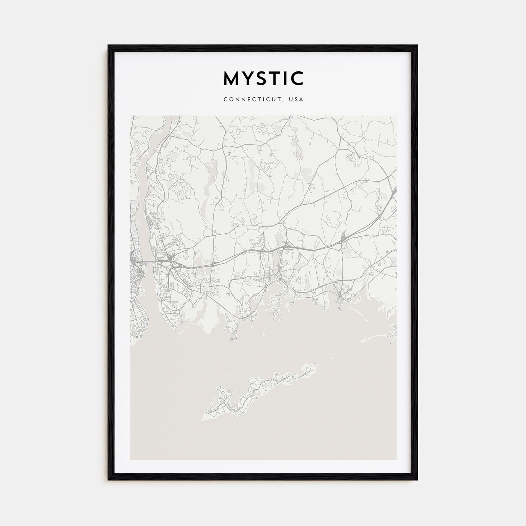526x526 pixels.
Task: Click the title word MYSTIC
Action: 263,78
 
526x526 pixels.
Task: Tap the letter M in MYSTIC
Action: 231,78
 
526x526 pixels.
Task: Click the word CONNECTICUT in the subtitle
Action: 252,100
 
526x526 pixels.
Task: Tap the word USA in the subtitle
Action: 296,100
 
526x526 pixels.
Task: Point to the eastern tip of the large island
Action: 322,363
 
